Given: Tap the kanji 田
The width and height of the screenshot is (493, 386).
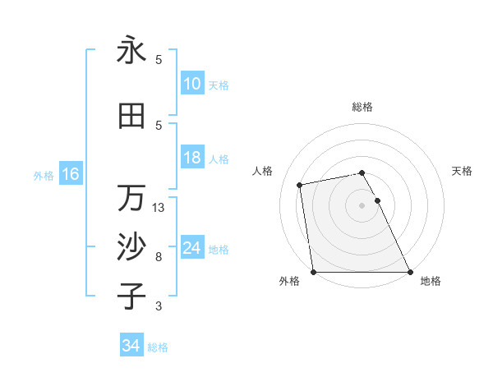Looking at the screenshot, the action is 131,117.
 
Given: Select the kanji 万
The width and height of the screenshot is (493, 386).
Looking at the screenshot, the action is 131,198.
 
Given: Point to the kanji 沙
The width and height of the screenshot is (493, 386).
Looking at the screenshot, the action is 131,247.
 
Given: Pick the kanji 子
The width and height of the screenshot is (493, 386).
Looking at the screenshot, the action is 131,296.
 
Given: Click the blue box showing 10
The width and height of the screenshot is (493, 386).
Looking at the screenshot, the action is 191,84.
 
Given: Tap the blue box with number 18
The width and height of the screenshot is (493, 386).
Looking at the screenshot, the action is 191,159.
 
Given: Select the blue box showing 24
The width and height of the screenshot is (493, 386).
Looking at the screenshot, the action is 191,248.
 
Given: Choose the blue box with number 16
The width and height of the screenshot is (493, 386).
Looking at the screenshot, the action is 70,174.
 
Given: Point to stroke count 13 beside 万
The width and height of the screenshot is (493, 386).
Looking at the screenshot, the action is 159,208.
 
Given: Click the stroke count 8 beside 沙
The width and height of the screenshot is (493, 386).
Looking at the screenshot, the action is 159,257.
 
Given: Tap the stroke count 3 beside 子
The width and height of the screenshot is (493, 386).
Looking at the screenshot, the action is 159,306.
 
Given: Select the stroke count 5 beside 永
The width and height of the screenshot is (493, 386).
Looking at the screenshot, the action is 159,59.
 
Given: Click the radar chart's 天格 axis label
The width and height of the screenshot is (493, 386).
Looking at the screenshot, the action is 462,171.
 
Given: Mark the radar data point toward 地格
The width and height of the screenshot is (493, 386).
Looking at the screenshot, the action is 410,272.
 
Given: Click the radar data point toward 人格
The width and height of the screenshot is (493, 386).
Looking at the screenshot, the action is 300,184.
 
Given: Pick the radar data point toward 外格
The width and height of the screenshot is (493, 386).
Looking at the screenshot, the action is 313,272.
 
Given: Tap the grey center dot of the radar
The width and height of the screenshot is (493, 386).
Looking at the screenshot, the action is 362,204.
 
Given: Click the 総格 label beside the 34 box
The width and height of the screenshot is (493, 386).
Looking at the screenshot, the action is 158,347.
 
